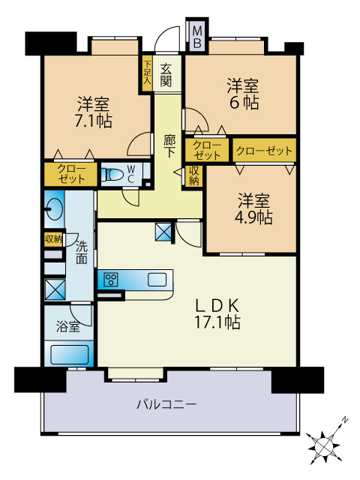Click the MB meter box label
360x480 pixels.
pos(196,37)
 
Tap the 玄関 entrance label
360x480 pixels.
pos(166,72)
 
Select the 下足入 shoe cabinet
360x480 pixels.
pos(147,73)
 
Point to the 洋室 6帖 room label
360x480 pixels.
pos(244,94)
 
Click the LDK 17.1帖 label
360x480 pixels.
pos(217,314)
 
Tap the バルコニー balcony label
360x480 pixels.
pos(166,405)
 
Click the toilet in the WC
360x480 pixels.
pos(112,175)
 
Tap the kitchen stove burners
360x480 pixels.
pos(110,280)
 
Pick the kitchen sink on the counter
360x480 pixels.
pos(157,280)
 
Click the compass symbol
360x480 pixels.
pos(327,445)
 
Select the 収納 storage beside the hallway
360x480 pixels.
pos(193,175)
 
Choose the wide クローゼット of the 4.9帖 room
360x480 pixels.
pos(264,151)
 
